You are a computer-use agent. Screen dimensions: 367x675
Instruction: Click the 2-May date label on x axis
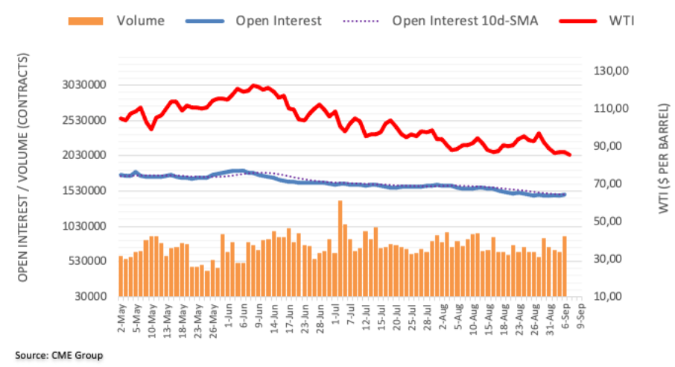119,314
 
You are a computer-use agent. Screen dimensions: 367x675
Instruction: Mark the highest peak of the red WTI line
254,86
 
